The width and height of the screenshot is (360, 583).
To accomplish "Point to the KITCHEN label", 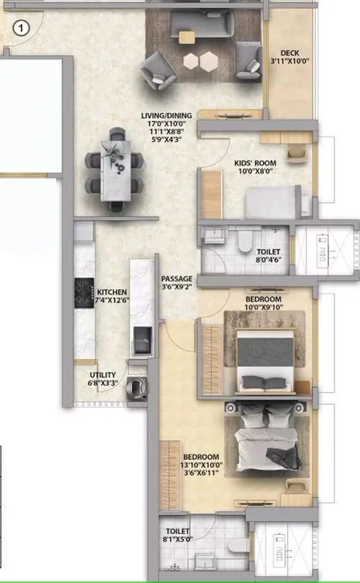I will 112,293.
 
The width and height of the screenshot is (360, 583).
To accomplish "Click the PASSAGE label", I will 177,278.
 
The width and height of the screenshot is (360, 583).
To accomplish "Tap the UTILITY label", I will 103,375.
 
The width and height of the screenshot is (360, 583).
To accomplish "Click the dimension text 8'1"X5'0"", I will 175,538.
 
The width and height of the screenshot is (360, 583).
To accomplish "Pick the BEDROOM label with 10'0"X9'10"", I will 263,299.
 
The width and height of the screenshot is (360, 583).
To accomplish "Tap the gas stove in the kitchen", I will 84,293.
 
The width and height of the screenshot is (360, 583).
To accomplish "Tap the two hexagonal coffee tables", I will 201,61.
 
